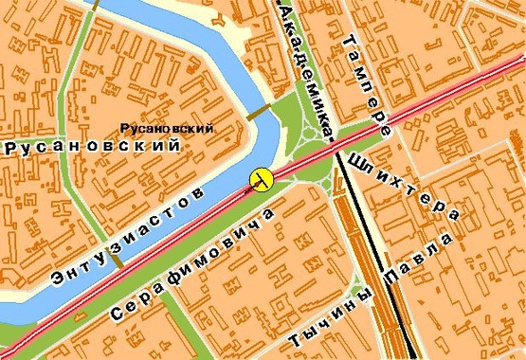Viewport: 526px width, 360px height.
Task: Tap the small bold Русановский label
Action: (x=165, y=128)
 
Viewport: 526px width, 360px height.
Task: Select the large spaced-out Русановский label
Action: (x=92, y=147)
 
